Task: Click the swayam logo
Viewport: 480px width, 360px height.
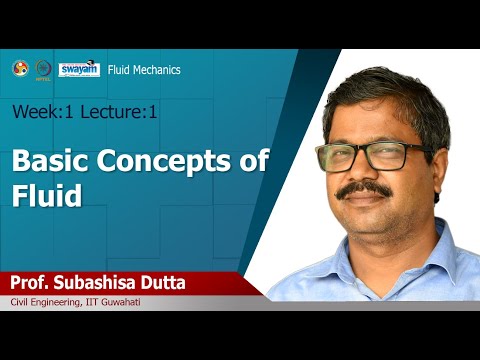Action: [80, 68]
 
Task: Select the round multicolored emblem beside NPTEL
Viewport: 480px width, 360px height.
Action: [19, 68]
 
